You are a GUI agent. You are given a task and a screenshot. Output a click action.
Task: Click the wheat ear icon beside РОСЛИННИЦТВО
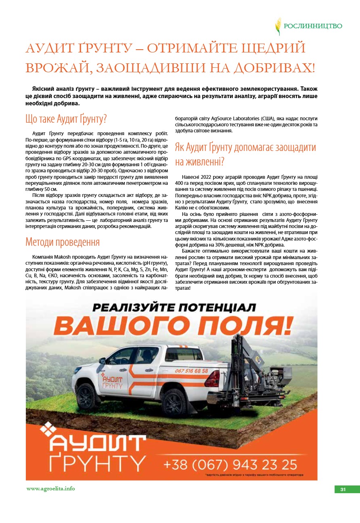click(x=278, y=26)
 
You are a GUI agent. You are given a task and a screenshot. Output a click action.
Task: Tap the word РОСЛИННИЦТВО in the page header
click(x=313, y=26)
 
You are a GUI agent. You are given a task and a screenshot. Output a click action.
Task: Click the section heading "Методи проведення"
click(x=63, y=242)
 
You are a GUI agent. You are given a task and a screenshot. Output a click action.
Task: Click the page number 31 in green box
click(x=343, y=489)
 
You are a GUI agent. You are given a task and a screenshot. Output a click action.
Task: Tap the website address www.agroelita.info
click(x=50, y=488)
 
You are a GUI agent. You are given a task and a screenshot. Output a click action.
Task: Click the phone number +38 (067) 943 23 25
click(x=230, y=464)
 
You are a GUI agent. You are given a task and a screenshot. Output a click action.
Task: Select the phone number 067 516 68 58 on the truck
click(x=191, y=371)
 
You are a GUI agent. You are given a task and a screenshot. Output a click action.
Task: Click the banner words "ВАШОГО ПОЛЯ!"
click(x=173, y=326)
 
